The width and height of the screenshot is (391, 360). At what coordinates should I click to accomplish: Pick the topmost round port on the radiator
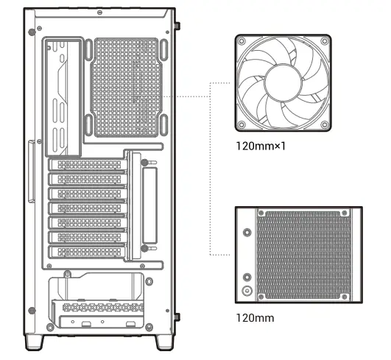point(247,230)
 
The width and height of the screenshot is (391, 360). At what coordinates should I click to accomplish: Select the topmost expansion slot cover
point(86,165)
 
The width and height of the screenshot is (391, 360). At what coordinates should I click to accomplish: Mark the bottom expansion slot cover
point(86,252)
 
